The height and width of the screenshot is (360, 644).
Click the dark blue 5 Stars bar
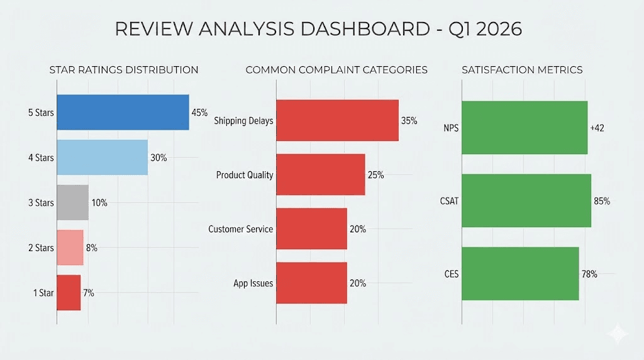pos(123,113)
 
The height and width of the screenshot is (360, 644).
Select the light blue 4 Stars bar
pos(102,157)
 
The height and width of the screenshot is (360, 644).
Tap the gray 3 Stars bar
pos(72,203)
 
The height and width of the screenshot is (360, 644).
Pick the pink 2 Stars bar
pos(70,247)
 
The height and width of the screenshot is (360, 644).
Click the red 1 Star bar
pos(69,293)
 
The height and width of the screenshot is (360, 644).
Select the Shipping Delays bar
pos(337,120)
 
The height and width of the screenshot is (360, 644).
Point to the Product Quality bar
pos(320,174)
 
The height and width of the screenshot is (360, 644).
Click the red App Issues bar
pos(311,283)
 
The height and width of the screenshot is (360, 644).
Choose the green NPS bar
pos(525,128)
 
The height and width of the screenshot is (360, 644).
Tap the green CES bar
pos(520,274)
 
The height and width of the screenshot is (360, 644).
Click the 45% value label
pos(199,113)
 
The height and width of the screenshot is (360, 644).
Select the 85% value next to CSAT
pos(602,201)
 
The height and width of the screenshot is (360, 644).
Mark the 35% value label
pos(409,120)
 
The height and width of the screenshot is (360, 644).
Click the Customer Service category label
pos(241,229)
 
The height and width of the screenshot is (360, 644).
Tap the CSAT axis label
pos(450,201)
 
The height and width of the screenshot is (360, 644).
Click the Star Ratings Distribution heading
pos(124,70)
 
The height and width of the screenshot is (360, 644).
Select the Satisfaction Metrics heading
pos(522,70)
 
